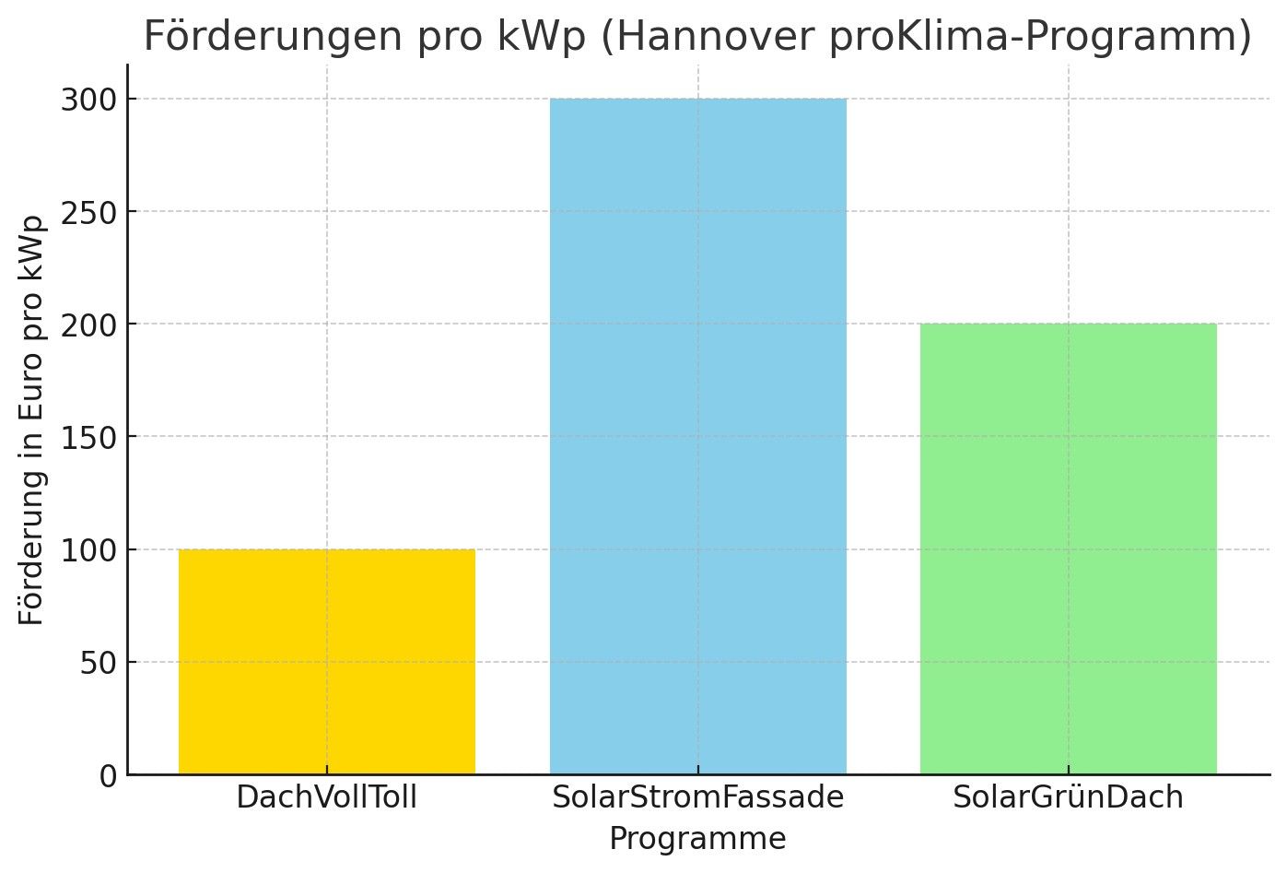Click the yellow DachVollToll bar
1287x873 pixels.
point(327,662)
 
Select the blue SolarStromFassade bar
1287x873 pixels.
point(697,436)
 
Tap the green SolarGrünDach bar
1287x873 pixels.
point(1068,549)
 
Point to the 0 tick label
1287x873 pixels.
point(109,776)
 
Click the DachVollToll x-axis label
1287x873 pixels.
point(327,797)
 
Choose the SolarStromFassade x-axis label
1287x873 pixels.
point(697,797)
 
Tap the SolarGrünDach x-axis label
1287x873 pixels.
point(1068,797)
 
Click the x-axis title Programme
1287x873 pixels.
point(697,839)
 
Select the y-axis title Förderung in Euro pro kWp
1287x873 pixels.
point(32,420)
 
